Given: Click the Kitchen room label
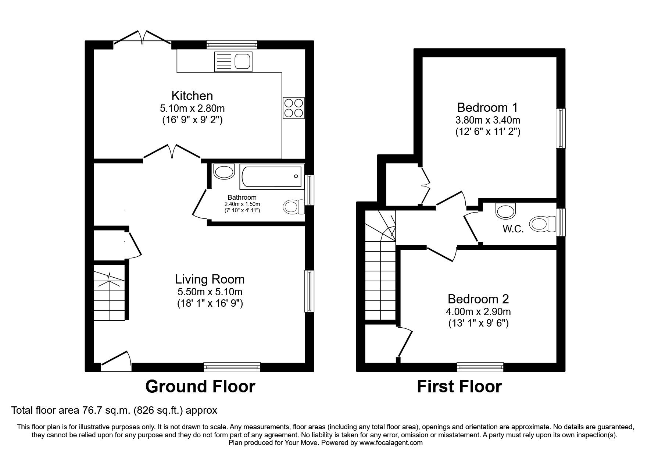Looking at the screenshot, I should click(x=192, y=96).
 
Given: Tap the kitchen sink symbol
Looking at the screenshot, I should click(x=233, y=61).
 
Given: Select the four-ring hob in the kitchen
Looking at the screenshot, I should click(x=293, y=108).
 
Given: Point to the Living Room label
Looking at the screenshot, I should click(x=210, y=279).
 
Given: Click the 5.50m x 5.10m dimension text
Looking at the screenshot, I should click(x=210, y=292).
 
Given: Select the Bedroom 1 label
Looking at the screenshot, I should click(x=487, y=107).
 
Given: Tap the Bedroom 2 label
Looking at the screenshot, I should click(x=478, y=299).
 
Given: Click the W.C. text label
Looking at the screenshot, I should click(x=513, y=229).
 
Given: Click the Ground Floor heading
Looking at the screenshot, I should click(x=200, y=386).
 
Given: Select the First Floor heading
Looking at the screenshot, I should click(x=459, y=386).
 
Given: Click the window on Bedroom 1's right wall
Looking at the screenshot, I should click(x=561, y=128).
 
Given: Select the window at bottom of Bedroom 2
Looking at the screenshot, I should click(x=480, y=367).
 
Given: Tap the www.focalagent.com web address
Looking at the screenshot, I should click(x=391, y=443).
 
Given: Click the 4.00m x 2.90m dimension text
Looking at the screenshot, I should click(x=478, y=312).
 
